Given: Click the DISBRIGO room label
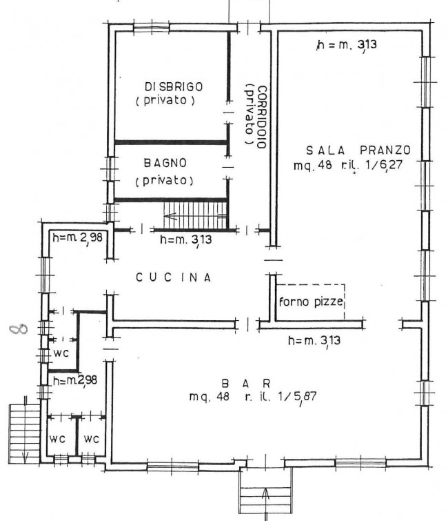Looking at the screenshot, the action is pos(174,87).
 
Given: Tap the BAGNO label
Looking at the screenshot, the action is pos(165,163).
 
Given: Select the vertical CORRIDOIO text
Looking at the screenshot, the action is pos(262,117).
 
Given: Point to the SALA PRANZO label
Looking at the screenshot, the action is pos(358,150).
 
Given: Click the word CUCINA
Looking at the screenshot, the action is pos(174,277).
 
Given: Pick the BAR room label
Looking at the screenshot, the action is pos(246,384).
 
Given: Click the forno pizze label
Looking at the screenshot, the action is pos(311,302).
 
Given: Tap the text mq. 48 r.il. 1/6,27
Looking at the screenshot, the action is pos(348,165).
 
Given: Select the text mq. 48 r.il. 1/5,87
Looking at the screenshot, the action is pos(253,396).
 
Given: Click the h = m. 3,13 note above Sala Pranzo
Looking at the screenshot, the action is pos(347,45).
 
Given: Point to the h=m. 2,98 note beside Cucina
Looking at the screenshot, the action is pos(77,237).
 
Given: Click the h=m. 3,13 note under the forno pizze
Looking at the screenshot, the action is pos(314,341).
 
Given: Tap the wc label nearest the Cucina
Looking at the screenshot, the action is pos(61,353).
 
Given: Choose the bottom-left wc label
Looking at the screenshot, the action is pos(57,440).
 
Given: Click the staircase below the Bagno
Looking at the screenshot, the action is pos(195,215).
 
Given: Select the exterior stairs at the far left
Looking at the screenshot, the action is pos(25,433).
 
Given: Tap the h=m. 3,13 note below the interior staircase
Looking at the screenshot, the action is pos(186,239).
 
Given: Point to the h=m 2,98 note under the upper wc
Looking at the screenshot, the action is pos(75,380).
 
